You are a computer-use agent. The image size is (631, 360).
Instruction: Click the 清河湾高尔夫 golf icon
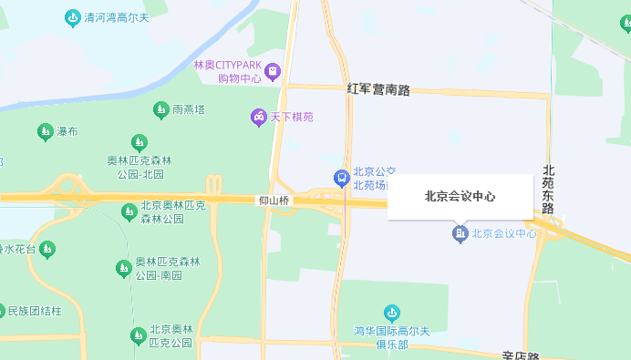72,17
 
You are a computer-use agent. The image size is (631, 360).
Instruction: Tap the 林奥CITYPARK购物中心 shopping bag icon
273,71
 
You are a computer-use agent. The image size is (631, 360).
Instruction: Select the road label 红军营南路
378,89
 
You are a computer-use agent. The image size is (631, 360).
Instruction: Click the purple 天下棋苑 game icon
259,117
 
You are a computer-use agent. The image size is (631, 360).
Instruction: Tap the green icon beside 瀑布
44,132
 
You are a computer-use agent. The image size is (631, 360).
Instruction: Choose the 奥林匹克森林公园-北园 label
139,168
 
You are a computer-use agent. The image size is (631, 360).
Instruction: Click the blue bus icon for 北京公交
340,177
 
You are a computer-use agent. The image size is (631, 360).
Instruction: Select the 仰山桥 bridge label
274,201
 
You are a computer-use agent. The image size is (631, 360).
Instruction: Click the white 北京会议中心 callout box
460,197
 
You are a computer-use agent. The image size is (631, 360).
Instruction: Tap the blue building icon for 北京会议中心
460,234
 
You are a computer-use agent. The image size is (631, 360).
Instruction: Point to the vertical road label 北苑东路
548,190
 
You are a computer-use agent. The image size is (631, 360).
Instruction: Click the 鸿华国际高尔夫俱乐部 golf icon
391,313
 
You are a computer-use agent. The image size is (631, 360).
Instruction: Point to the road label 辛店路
522,355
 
